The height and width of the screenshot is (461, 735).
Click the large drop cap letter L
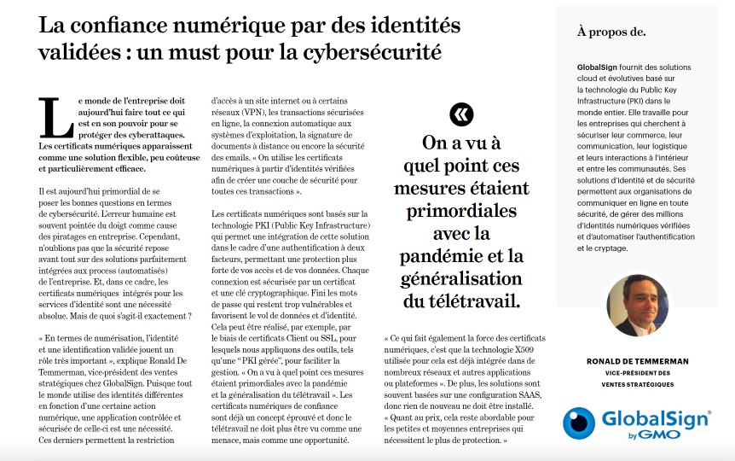[56, 117]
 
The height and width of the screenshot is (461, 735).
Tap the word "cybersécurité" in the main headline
[376, 52]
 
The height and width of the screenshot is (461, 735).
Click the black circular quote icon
[461, 115]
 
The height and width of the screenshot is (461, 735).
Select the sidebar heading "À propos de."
[611, 32]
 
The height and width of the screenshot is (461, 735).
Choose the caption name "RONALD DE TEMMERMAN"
[637, 361]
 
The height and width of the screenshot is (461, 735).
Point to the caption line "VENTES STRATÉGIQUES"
[637, 385]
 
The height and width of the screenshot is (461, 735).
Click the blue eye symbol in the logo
[580, 423]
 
